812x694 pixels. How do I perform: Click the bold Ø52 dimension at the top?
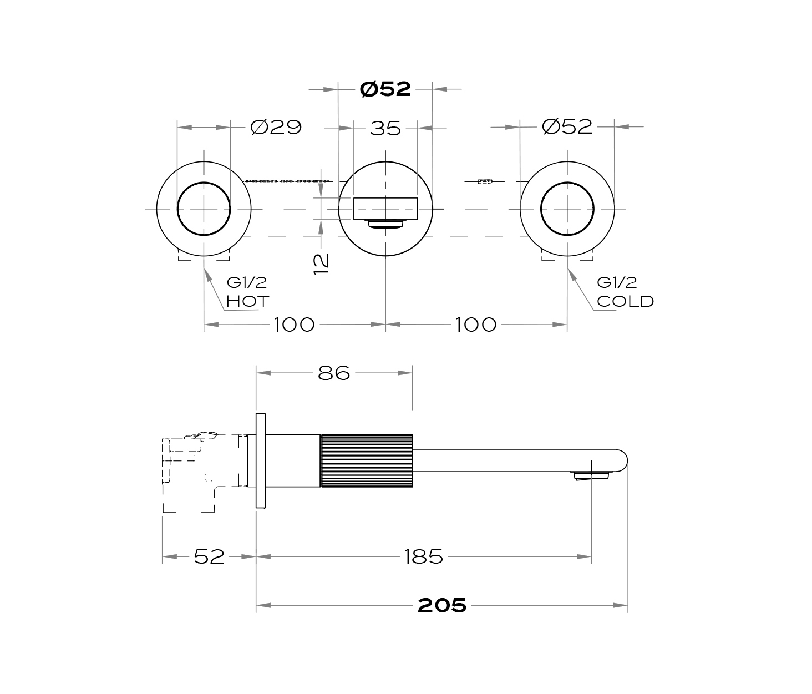(385, 89)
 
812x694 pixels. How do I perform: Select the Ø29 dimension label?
(276, 128)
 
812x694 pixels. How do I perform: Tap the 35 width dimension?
(385, 129)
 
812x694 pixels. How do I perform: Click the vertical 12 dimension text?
(321, 264)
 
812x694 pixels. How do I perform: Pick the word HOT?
(248, 301)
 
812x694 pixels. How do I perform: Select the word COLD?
(626, 301)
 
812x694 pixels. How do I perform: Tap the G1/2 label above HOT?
(247, 282)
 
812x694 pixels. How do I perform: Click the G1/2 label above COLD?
(617, 282)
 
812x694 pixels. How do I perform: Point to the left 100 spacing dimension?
(294, 325)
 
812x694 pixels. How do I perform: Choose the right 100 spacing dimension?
(476, 325)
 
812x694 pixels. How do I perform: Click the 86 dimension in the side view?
(334, 373)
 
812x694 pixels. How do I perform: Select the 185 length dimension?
(424, 557)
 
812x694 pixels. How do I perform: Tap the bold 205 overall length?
(442, 606)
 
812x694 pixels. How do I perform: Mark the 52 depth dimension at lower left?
(209, 557)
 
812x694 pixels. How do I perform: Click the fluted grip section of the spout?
(367, 461)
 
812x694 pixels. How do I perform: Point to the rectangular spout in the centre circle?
(385, 209)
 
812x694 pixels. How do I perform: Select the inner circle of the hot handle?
(177, 209)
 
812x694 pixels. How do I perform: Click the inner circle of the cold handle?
(541, 209)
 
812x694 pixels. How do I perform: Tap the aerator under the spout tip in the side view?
(591, 476)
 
